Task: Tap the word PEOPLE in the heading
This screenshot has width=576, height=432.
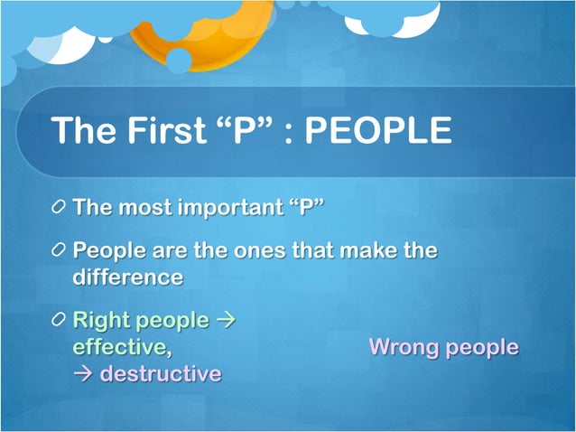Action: [x=377, y=131]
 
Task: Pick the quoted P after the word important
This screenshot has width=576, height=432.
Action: [x=306, y=208]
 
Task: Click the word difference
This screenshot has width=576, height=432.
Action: [x=127, y=277]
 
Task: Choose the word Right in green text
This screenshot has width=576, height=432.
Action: [x=100, y=320]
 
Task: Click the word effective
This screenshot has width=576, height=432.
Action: [x=118, y=346]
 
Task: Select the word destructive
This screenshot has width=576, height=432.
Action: [x=160, y=372]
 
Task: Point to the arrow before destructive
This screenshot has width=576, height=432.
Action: [x=83, y=373]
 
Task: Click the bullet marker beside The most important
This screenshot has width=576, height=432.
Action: [x=59, y=209]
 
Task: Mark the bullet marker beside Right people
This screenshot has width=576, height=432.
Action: [x=59, y=321]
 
